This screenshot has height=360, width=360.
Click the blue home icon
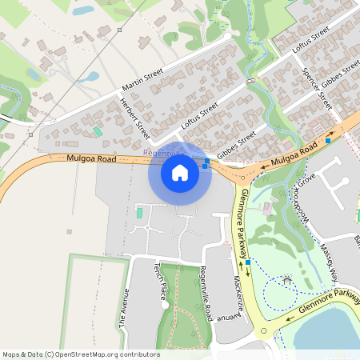[180, 173]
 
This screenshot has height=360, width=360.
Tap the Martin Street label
[142, 78]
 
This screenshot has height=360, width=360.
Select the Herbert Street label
[134, 118]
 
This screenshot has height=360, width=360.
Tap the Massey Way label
[330, 261]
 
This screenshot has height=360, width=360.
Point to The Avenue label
[123, 307]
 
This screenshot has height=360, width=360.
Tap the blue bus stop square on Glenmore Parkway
[248, 262]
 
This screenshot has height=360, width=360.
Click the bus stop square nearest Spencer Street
[327, 141]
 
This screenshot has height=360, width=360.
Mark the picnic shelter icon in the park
[287, 280]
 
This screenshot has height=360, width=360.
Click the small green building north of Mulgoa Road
[98, 131]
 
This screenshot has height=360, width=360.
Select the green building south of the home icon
[138, 213]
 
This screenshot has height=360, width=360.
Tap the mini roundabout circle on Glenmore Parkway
[262, 329]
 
